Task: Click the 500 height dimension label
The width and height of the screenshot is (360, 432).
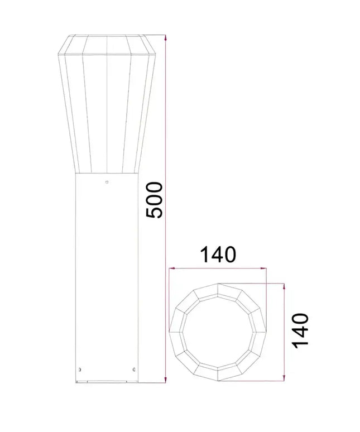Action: tap(153, 200)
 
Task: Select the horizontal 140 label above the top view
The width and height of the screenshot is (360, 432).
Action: tap(218, 255)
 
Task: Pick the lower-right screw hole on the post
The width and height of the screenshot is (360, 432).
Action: tap(133, 368)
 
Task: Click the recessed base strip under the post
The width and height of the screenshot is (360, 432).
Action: tap(107, 382)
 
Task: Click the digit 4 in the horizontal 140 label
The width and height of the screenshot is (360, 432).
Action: tap(218, 255)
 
